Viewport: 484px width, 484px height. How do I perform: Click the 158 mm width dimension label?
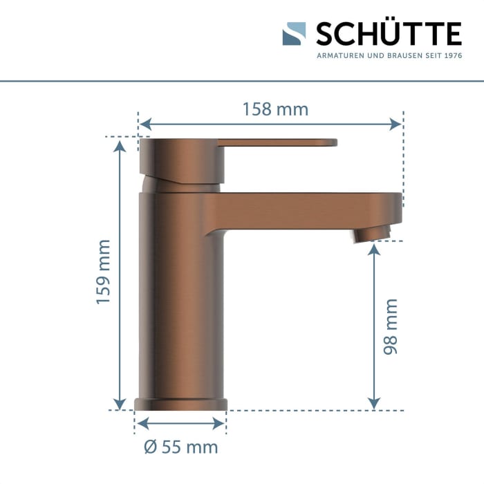[x=274, y=109]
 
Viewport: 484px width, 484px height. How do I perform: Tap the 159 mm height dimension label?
[x=103, y=272]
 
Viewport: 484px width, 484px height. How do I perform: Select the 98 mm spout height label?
[x=391, y=326]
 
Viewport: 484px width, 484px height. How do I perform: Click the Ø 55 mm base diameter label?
[x=181, y=447]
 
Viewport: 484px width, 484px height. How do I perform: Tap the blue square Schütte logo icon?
[x=294, y=34]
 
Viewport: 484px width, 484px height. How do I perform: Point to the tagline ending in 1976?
[x=389, y=55]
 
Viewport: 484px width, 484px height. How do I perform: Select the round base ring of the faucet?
[x=181, y=405]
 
